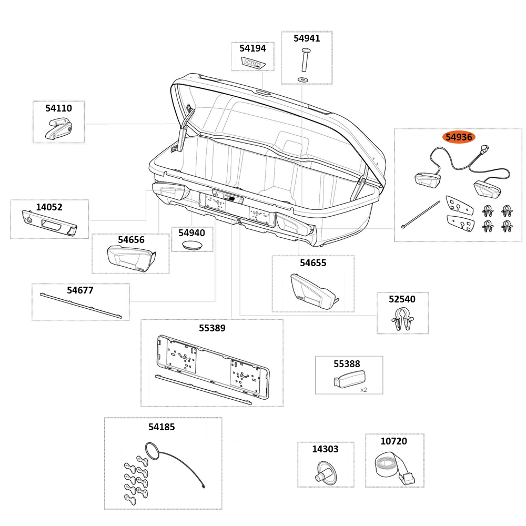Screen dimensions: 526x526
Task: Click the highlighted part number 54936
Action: (x=459, y=137)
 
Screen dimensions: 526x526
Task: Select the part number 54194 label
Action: (x=252, y=48)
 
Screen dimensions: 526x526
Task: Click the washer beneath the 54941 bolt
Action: (x=303, y=79)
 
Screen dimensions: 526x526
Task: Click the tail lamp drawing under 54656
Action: (x=130, y=258)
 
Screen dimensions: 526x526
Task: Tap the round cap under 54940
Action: (x=192, y=245)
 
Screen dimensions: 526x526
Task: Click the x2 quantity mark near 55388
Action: (x=363, y=390)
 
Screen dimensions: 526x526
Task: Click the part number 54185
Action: (x=161, y=427)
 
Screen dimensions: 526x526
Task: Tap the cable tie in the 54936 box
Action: (x=421, y=214)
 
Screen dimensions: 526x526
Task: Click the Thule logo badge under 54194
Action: (x=254, y=63)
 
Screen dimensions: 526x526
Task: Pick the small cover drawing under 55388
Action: (x=349, y=379)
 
